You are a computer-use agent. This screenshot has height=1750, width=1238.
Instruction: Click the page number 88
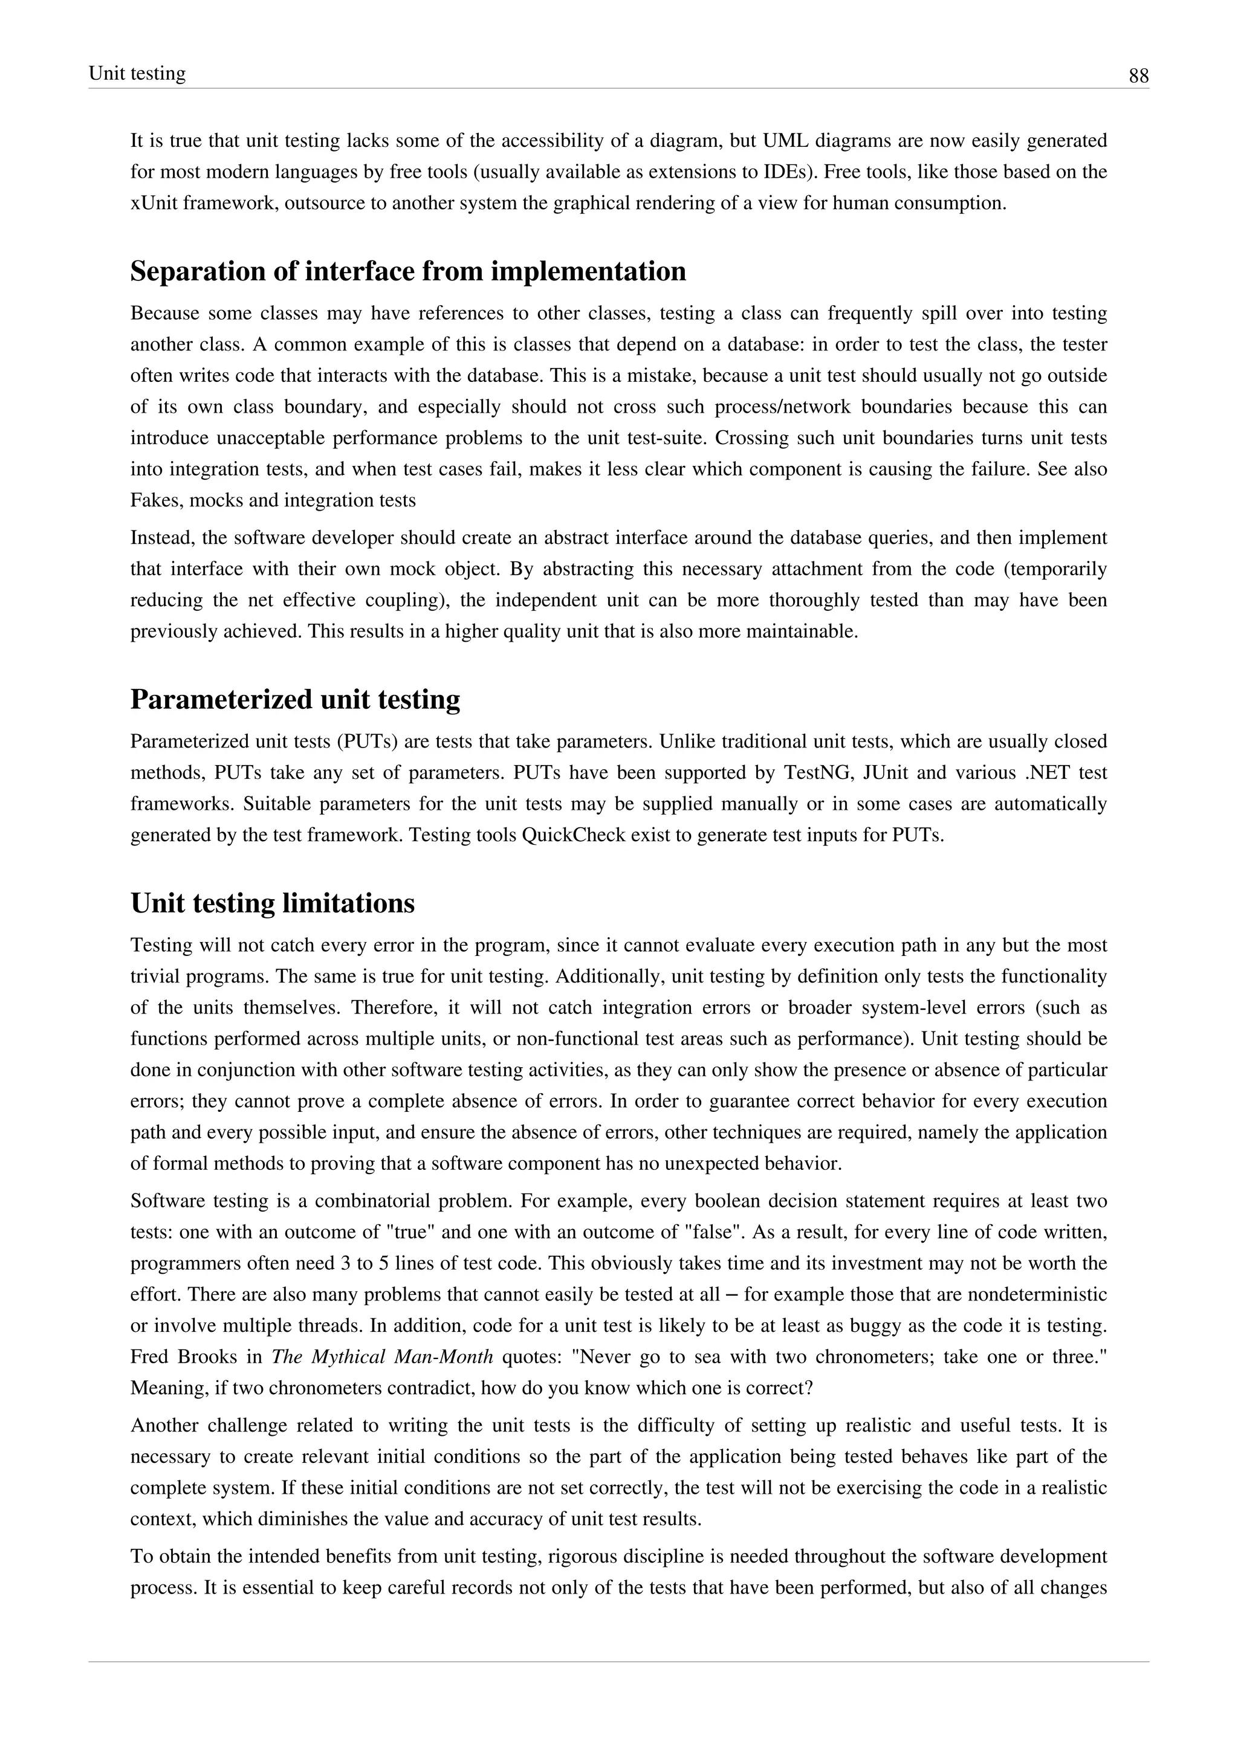(x=1138, y=76)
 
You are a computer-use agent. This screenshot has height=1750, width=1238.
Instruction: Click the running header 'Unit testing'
(x=137, y=74)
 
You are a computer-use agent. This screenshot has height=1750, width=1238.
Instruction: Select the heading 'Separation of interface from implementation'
(x=408, y=271)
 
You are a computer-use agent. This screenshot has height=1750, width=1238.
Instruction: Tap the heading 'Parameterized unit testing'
(x=295, y=699)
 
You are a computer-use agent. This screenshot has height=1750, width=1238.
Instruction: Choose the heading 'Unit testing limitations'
(x=272, y=903)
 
